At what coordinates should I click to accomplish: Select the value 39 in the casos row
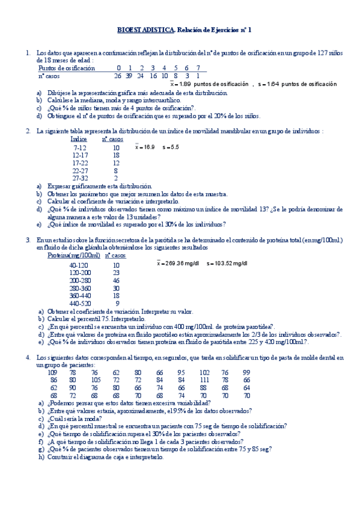129,76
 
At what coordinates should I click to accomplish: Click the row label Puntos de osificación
67,68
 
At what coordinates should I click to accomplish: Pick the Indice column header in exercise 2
79,139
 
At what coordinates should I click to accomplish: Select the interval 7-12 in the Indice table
80,147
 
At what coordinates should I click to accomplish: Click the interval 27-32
80,179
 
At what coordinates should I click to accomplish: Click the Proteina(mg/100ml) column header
75,256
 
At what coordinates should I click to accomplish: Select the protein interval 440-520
79,303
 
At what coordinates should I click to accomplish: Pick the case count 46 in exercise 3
116,280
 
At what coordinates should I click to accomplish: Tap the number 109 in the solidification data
52,372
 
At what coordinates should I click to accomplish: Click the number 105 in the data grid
96,380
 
